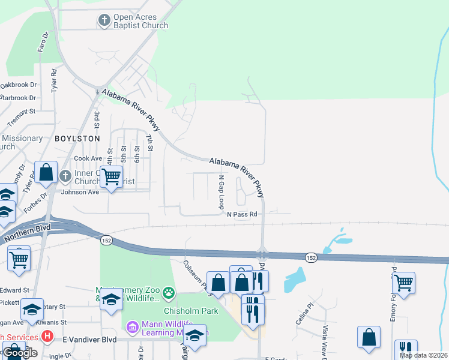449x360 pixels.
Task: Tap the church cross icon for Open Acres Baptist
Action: tap(103, 21)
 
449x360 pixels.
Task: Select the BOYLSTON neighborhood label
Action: tap(77, 138)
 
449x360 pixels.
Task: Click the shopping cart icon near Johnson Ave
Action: tap(111, 177)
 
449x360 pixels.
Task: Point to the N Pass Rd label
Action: tap(241, 214)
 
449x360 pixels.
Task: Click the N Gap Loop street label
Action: tap(221, 191)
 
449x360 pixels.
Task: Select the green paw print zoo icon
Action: tap(169, 293)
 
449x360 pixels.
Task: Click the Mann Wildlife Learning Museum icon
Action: tap(132, 327)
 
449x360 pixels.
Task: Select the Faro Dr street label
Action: tap(42, 42)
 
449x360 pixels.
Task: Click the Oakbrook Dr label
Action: tap(18, 86)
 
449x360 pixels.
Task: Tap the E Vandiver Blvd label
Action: tap(90, 339)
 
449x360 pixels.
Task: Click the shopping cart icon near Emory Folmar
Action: tap(403, 282)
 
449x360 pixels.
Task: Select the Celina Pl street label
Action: tap(304, 315)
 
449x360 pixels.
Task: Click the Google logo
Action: tap(19, 353)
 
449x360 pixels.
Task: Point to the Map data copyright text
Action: tap(423, 355)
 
